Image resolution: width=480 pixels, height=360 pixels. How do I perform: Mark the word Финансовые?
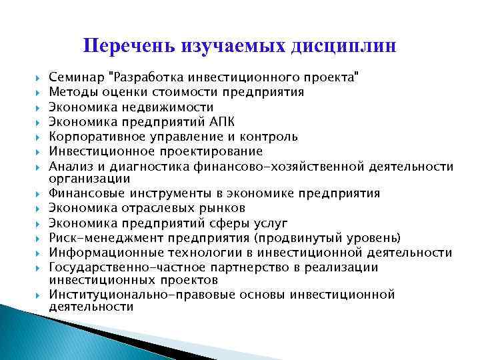(83, 193)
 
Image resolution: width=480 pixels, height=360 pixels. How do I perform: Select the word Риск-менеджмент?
(96, 237)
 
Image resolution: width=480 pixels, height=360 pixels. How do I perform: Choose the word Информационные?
(96, 252)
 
